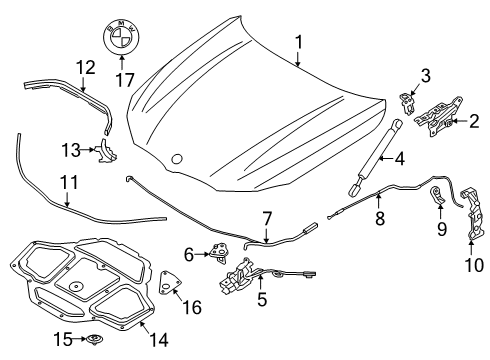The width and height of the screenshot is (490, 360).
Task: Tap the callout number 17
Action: [125, 80]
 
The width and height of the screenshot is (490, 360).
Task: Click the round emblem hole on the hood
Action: [177, 159]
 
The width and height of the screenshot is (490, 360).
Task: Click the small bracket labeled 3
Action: [408, 104]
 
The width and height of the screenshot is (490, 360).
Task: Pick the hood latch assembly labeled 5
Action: [253, 275]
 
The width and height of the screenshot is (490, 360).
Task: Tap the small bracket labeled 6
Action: [218, 253]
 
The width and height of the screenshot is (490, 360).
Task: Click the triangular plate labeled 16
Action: [169, 283]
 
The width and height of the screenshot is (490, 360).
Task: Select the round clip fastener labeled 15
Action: [94, 340]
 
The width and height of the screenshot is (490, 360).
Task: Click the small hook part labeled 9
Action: [437, 196]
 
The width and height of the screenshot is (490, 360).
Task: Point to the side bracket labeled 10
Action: [474, 213]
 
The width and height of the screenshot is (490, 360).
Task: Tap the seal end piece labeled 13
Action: [107, 151]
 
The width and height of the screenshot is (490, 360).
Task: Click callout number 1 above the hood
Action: [299, 43]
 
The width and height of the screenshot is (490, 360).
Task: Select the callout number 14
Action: [159, 339]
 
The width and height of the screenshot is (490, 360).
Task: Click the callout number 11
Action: [69, 182]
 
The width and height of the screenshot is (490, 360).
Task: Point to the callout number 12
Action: [86, 67]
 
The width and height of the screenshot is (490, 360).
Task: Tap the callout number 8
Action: [380, 219]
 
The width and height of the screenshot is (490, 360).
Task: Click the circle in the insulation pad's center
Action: [76, 286]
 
